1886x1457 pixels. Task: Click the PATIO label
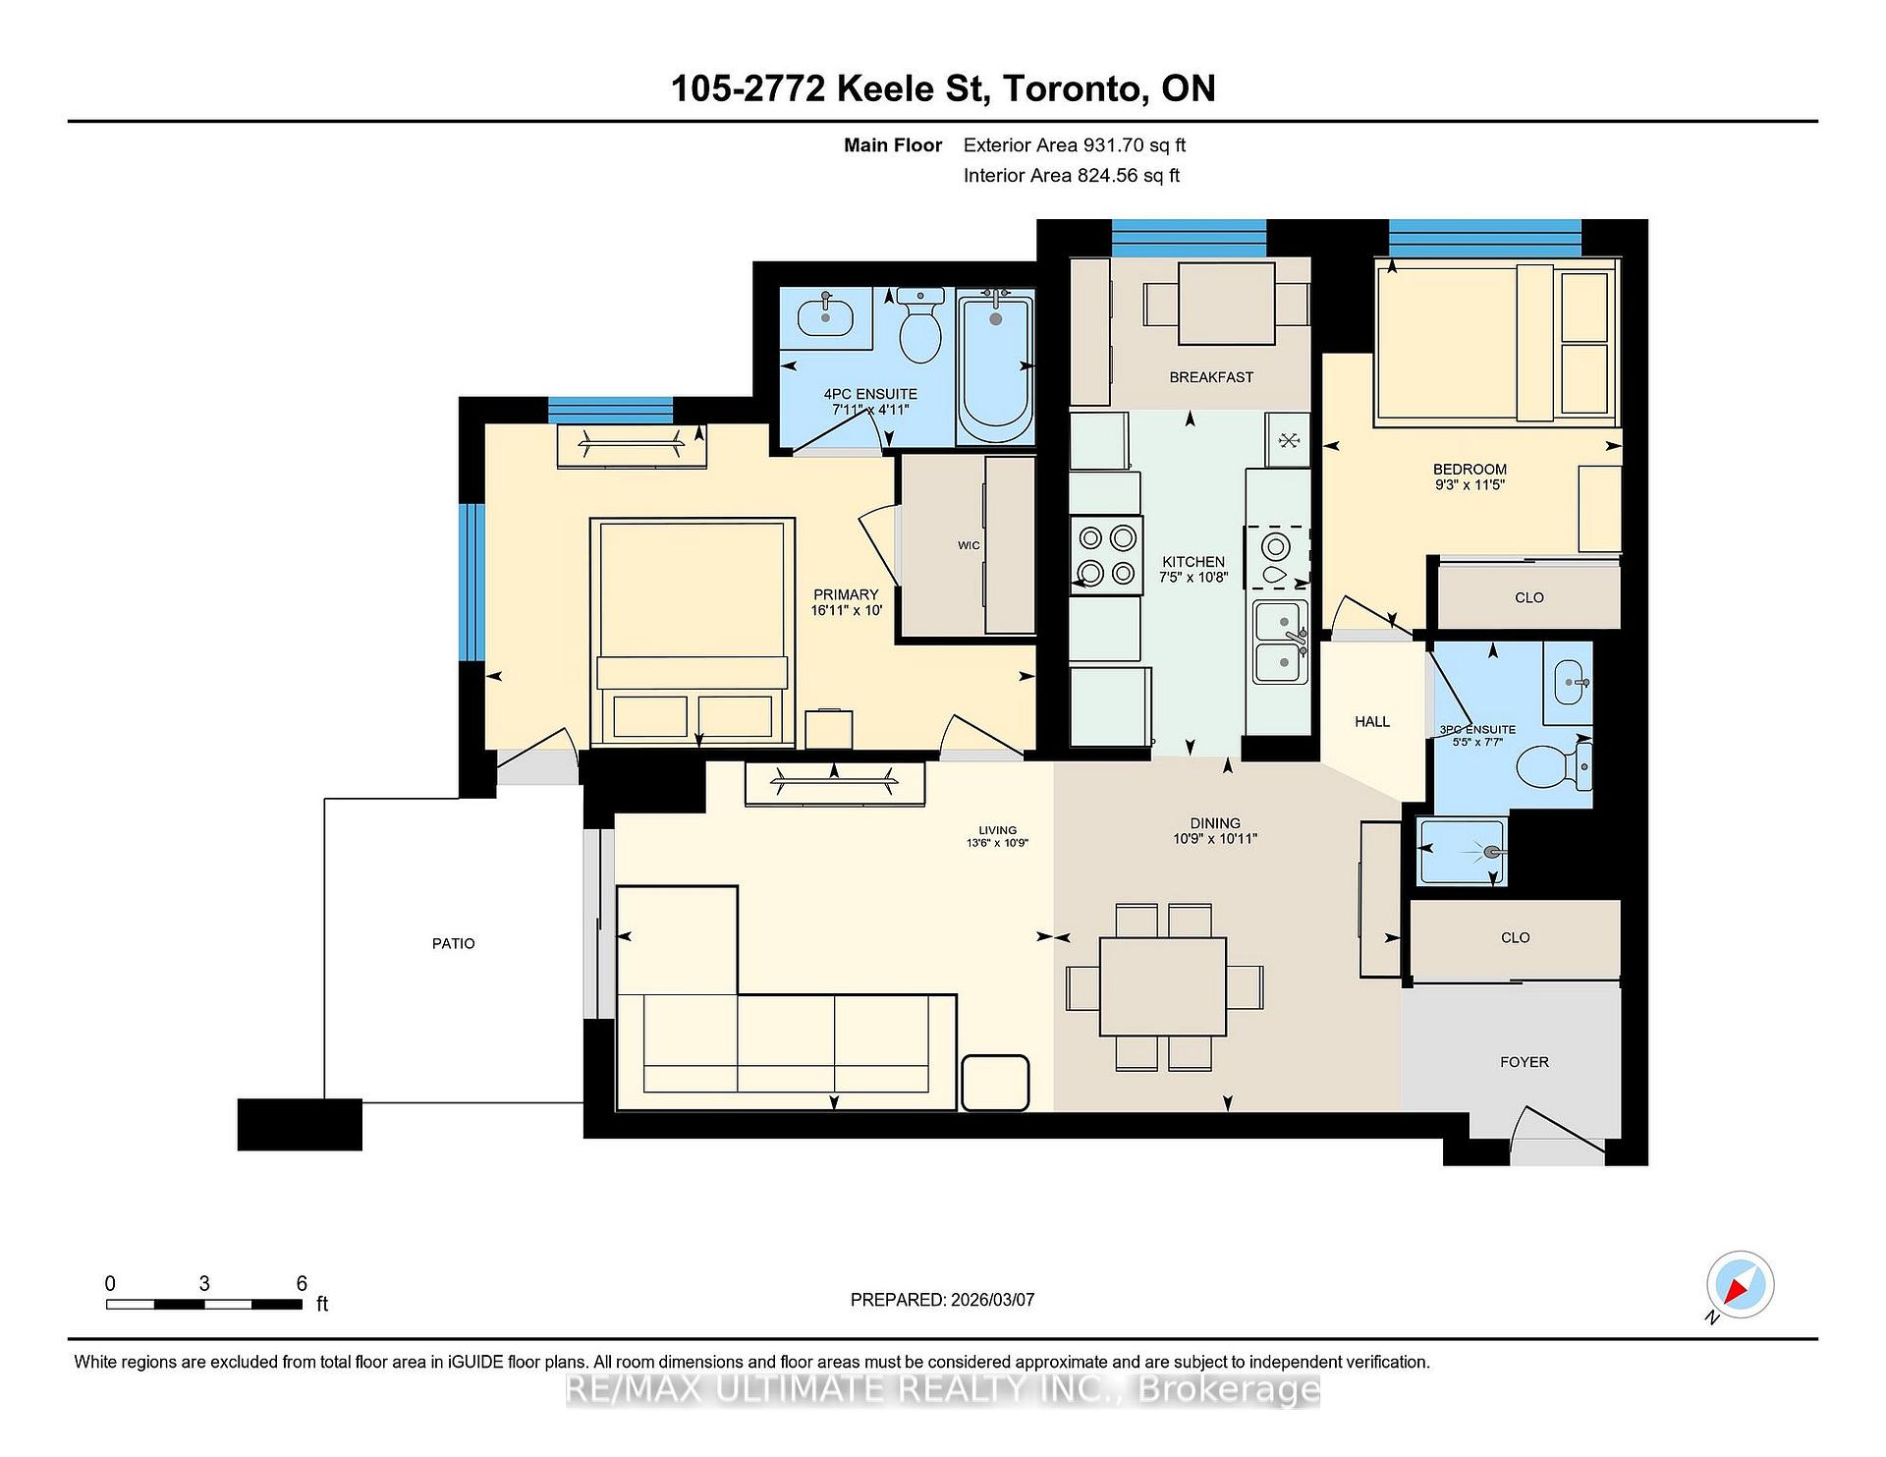[x=453, y=943]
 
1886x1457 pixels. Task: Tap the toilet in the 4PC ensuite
[x=920, y=326]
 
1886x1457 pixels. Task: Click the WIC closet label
[x=969, y=545]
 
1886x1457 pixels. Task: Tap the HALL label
[x=1372, y=721]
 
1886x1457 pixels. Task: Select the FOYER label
[x=1524, y=1062]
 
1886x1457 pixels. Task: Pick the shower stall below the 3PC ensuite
[x=1463, y=852]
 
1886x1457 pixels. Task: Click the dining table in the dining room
[x=1163, y=986]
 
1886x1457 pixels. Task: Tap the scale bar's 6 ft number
[x=302, y=1283]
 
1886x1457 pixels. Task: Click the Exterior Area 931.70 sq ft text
[x=1074, y=145]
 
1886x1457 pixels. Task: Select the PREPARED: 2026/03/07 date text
[x=942, y=1300]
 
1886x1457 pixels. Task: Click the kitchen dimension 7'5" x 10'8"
[x=1193, y=578]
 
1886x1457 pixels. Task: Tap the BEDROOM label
[x=1470, y=470]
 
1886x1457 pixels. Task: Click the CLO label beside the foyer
[x=1515, y=937]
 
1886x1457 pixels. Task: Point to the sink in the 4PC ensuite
[x=825, y=315]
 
